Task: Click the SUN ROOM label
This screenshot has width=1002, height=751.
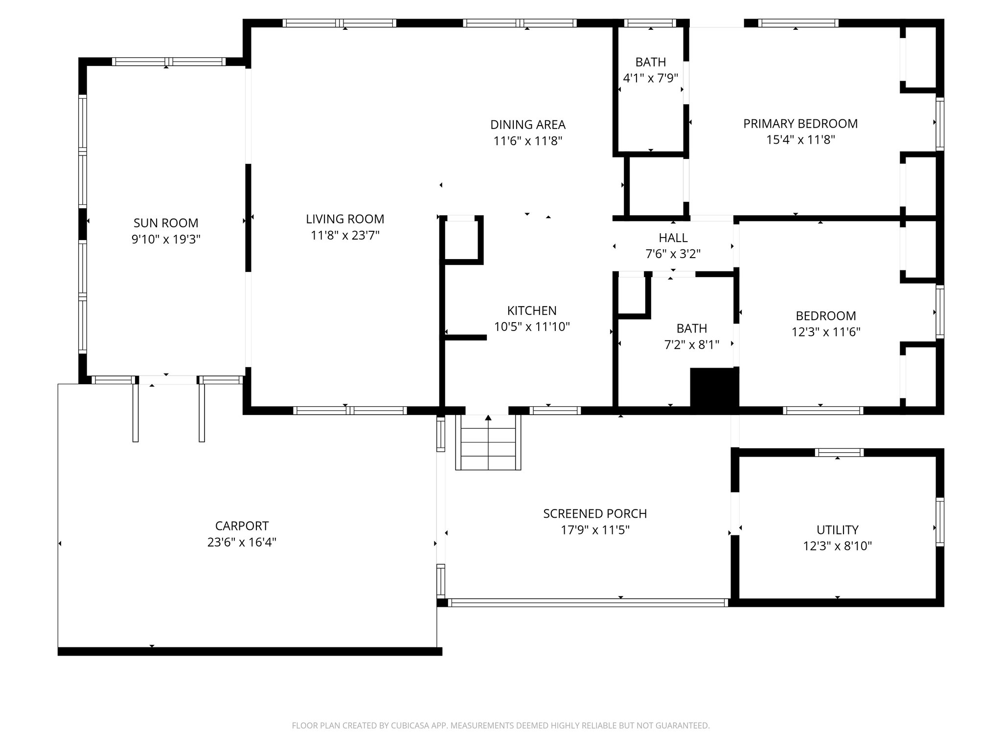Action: [166, 223]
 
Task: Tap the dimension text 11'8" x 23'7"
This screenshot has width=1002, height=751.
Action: [345, 236]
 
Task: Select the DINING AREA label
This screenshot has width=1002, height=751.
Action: [527, 125]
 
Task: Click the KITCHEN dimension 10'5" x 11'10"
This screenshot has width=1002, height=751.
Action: [531, 327]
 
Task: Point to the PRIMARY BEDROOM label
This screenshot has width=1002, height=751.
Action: [800, 124]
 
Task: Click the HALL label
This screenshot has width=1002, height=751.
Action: [673, 238]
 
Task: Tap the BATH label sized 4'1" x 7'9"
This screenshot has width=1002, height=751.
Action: [650, 62]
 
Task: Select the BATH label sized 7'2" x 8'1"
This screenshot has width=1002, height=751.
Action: [691, 328]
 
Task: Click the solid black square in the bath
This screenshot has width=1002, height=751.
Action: [713, 387]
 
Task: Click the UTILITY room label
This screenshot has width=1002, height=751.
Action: [837, 530]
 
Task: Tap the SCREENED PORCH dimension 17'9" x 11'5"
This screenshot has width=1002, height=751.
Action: [594, 530]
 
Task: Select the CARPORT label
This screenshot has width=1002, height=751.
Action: [242, 526]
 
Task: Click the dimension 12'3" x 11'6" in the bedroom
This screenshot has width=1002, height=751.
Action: [825, 332]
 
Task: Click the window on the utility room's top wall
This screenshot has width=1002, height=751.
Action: [839, 453]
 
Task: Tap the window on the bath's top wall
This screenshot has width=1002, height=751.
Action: [650, 23]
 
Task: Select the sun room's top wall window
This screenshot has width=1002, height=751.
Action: [168, 62]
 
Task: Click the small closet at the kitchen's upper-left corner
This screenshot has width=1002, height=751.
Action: [461, 240]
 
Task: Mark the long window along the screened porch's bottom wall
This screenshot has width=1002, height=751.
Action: [588, 603]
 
